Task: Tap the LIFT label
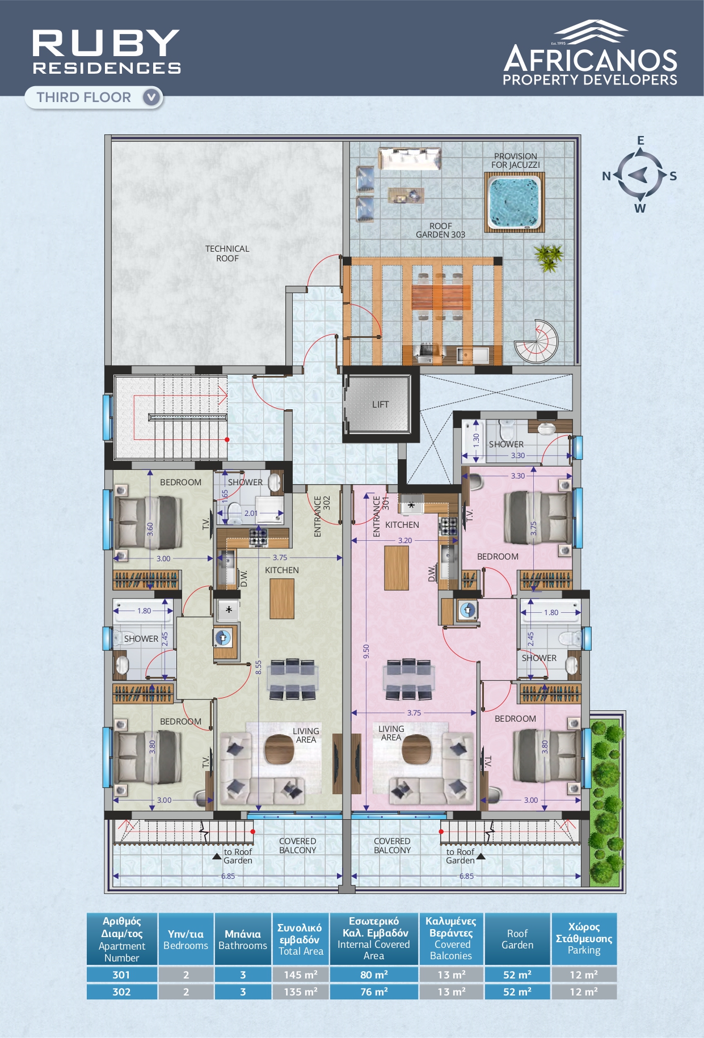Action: [x=381, y=404]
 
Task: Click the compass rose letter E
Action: [x=640, y=141]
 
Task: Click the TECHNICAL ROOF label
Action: [x=227, y=253]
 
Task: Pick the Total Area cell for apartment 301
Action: [x=301, y=975]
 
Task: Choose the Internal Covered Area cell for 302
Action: [x=374, y=992]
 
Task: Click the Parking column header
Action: [x=584, y=938]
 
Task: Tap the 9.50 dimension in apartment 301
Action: [x=367, y=651]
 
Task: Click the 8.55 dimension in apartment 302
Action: [x=259, y=667]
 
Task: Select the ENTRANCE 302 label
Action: [x=322, y=516]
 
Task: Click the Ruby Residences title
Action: [x=107, y=52]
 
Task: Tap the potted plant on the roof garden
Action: [x=548, y=257]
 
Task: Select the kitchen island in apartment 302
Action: [x=282, y=599]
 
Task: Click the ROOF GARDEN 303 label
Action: [x=441, y=230]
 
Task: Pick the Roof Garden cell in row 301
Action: [x=517, y=975]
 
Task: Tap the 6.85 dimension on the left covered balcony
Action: [x=228, y=876]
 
